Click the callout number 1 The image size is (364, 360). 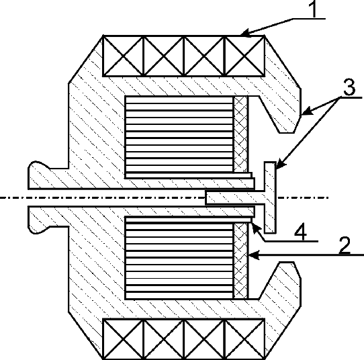[x=314, y=9]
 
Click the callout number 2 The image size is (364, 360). [x=345, y=245]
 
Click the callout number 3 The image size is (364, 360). [x=349, y=87]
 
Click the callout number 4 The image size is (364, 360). [x=301, y=232]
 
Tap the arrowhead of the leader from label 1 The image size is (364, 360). [x=246, y=33]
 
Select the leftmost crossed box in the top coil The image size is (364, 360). [x=123, y=56]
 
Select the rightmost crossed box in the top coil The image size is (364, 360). [x=244, y=56]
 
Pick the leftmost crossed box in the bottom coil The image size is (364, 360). [x=123, y=339]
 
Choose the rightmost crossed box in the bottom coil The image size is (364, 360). [x=244, y=339]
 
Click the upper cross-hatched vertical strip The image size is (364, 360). [x=240, y=134]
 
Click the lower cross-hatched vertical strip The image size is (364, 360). [x=240, y=261]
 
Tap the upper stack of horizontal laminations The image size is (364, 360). [x=179, y=134]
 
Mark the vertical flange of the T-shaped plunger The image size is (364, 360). [x=270, y=197]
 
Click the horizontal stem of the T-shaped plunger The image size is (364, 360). [x=235, y=197]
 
